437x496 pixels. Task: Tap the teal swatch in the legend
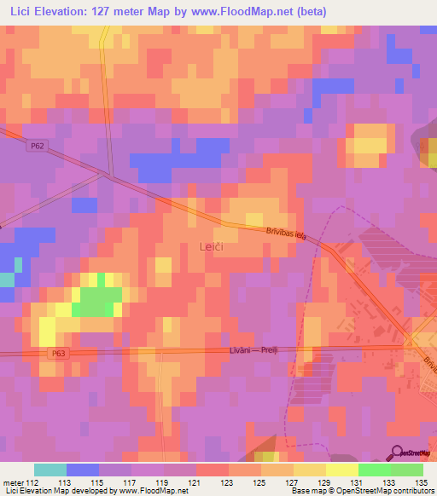50,470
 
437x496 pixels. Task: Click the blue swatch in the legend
83,470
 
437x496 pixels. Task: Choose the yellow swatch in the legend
342,470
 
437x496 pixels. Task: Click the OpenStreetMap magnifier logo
397,453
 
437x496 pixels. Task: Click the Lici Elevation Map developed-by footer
94,491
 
